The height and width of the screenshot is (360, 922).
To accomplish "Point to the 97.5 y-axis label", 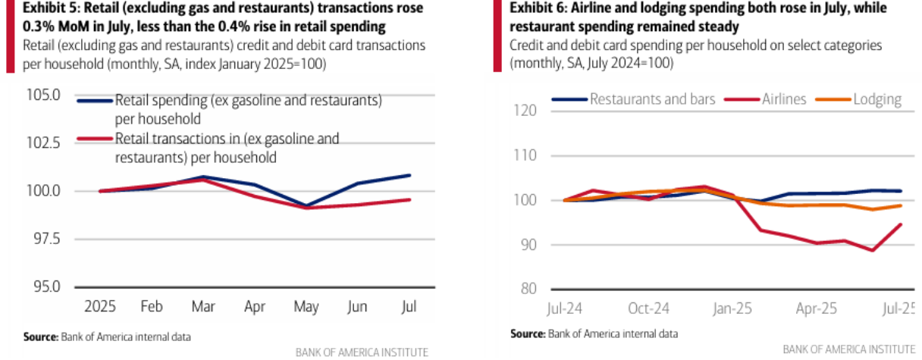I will point(46,239).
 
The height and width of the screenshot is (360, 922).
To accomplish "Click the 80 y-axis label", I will point(528,289).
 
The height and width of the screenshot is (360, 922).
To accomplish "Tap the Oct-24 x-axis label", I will point(650,309).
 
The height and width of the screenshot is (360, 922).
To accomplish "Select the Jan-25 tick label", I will point(732,309).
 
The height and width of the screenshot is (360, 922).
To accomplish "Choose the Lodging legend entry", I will point(877,99).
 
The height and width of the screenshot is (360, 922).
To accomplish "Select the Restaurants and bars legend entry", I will point(652,99).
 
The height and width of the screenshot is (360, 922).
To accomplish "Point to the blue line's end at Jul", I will point(410,175).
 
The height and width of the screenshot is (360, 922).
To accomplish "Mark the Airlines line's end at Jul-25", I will point(901,224).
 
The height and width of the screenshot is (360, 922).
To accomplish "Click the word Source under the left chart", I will point(39,336).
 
